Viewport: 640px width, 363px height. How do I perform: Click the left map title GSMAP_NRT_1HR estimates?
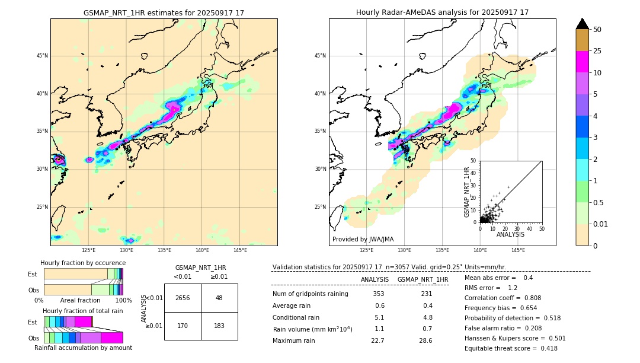coord(164,12)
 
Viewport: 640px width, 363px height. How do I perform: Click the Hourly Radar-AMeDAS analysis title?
coord(442,12)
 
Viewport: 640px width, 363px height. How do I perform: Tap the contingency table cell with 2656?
coord(183,298)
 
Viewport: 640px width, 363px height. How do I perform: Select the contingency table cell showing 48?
coord(219,298)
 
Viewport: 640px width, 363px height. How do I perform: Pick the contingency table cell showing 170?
coord(183,326)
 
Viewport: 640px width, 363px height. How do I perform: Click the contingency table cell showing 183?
coord(219,326)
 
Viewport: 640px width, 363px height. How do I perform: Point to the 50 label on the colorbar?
coord(597,30)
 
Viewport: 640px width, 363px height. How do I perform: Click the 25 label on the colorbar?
coord(597,51)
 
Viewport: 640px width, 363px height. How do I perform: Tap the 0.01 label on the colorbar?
coord(600,224)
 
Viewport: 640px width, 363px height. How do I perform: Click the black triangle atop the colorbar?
coord(583,24)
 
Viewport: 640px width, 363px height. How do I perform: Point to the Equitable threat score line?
coord(511,348)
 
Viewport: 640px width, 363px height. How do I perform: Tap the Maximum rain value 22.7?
coord(377,340)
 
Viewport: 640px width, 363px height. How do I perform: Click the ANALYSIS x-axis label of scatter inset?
coord(510,234)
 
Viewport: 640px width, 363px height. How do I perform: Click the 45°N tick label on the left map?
coord(42,56)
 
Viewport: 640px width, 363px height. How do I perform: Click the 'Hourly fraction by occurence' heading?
coord(83,263)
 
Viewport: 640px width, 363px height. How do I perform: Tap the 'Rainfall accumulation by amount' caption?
coord(83,348)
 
